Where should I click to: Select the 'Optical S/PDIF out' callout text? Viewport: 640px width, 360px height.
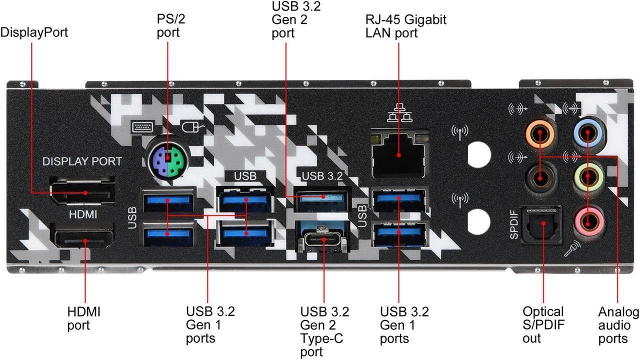543,325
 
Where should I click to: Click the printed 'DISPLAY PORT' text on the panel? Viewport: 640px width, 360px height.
82,161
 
